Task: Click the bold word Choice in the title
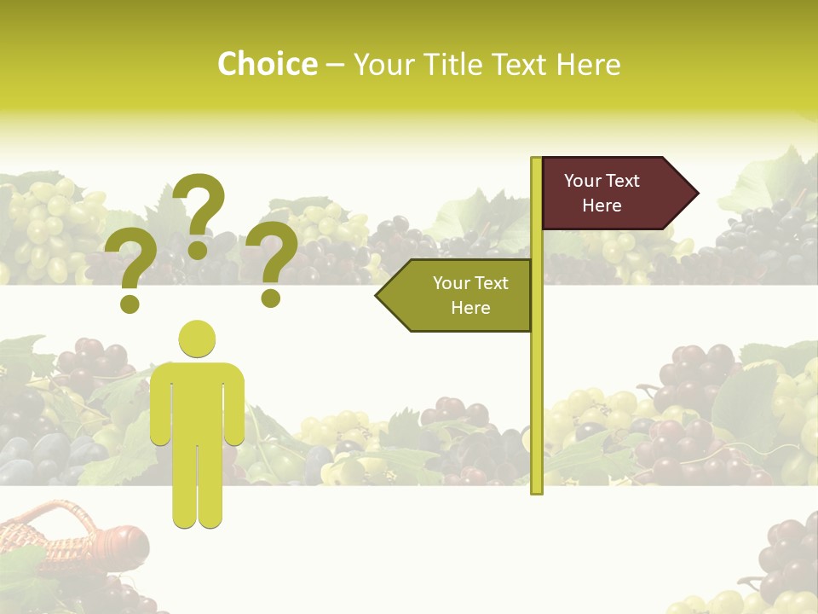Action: pyautogui.click(x=267, y=64)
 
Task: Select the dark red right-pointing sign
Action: pyautogui.click(x=609, y=194)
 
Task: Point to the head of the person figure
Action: pyautogui.click(x=197, y=339)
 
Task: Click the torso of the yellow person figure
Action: pyautogui.click(x=198, y=401)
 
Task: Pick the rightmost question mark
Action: pyautogui.click(x=272, y=262)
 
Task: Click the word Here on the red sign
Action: pyautogui.click(x=602, y=206)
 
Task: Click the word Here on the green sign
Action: pyautogui.click(x=470, y=308)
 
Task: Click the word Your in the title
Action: pyautogui.click(x=383, y=64)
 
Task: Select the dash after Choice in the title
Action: pyautogui.click(x=334, y=66)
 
